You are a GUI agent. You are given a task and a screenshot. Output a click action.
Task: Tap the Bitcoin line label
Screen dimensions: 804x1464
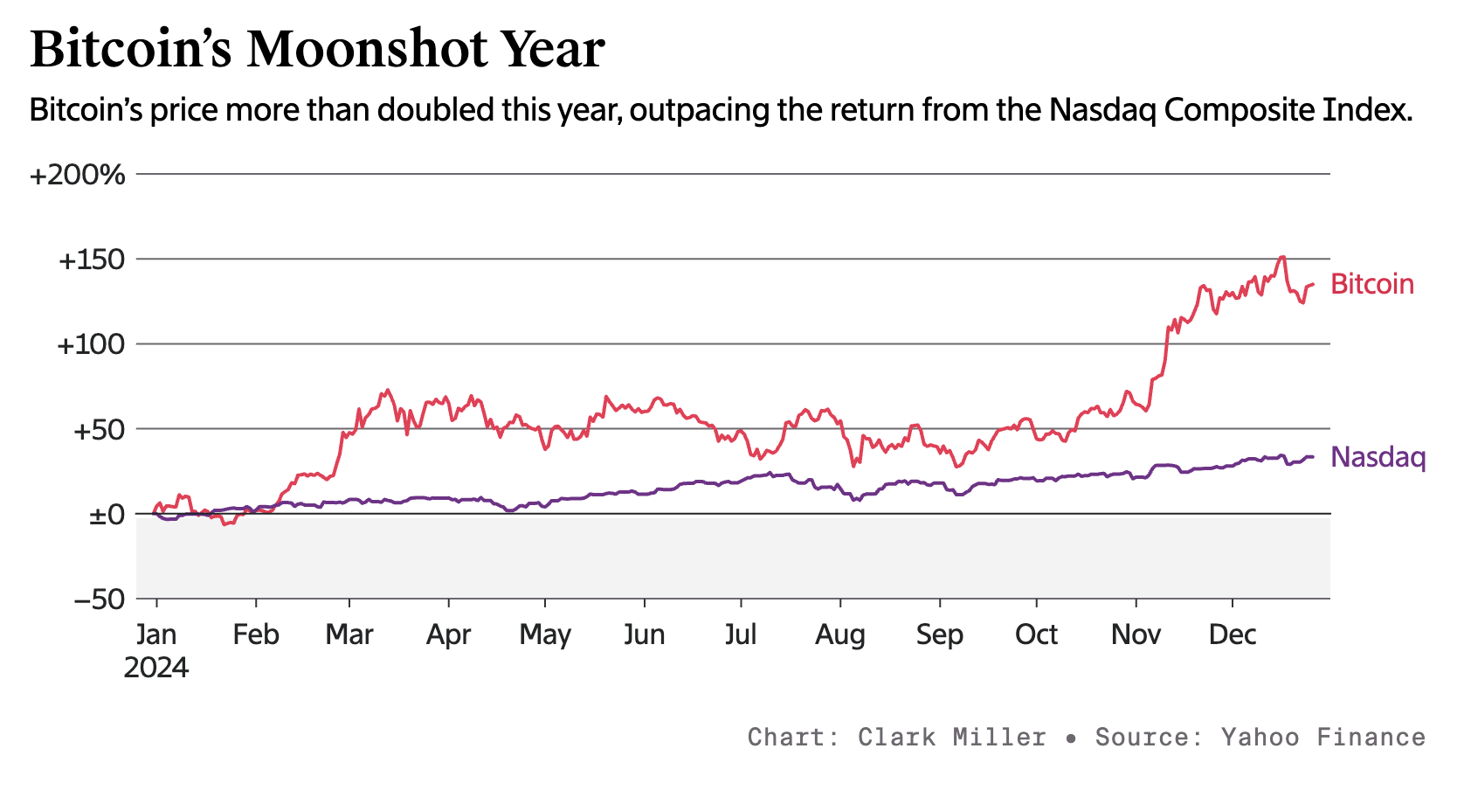tap(1371, 284)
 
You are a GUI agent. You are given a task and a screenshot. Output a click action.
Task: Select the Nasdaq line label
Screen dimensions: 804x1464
tap(1378, 457)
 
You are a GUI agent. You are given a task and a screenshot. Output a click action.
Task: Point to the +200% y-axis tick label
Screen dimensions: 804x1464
tap(78, 176)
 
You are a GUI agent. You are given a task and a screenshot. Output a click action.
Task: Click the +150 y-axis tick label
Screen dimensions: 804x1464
tap(92, 260)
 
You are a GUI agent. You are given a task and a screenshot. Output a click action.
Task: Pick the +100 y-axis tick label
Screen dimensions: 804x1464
tap(91, 345)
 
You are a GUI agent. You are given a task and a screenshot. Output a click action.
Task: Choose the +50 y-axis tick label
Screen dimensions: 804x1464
tap(97, 430)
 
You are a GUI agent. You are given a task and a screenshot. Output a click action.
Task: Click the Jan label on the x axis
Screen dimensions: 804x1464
tap(156, 634)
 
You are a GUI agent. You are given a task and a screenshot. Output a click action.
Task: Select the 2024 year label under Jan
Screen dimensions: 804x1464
tap(156, 668)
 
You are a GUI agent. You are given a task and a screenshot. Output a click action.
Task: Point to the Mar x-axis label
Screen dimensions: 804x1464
tap(349, 634)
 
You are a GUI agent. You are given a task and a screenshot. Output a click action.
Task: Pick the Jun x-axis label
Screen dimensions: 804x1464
tap(644, 634)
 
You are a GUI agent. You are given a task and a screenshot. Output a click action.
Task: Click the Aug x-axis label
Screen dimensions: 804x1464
tap(839, 634)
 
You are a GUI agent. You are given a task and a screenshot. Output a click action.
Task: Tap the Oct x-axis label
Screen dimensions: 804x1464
tap(1036, 634)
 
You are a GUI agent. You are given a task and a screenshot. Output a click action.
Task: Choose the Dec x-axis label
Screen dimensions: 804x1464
tap(1232, 634)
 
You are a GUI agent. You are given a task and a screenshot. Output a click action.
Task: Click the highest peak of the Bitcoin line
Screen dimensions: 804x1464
tap(1281, 257)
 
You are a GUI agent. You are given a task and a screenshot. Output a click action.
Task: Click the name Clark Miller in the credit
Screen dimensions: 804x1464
tap(951, 737)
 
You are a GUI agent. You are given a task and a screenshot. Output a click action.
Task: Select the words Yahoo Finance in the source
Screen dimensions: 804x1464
tap(1322, 737)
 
